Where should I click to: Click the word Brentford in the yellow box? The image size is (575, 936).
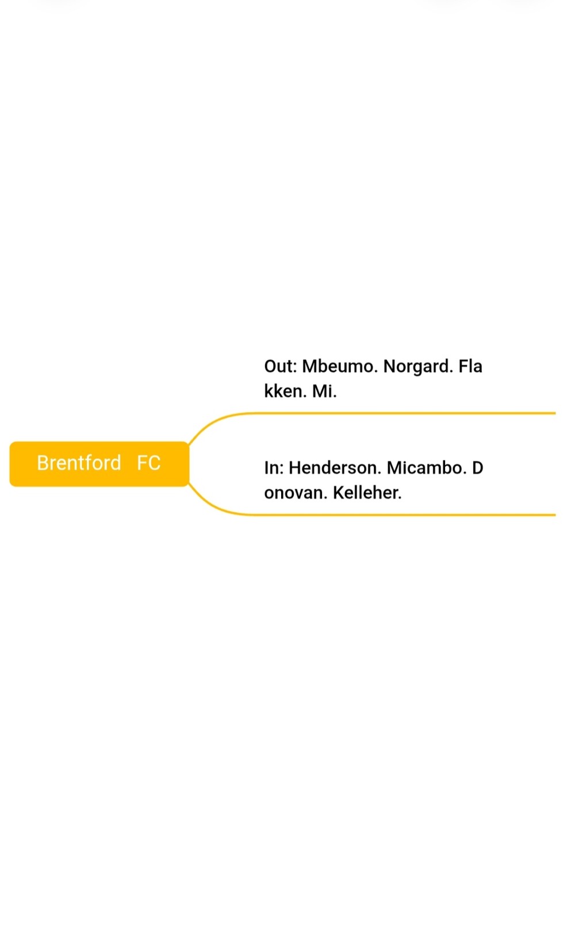pyautogui.click(x=79, y=463)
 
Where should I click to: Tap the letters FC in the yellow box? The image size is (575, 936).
pyautogui.click(x=149, y=463)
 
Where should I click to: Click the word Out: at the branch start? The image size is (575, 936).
pyautogui.click(x=281, y=366)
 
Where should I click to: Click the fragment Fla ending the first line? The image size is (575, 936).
pyautogui.click(x=470, y=366)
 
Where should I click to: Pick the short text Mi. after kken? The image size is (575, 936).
pyautogui.click(x=324, y=391)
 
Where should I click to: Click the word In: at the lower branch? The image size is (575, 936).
pyautogui.click(x=274, y=467)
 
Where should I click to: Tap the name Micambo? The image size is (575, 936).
pyautogui.click(x=426, y=467)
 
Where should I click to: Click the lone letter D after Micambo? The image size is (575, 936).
pyautogui.click(x=478, y=467)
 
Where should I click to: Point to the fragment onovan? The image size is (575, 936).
pyautogui.click(x=296, y=493)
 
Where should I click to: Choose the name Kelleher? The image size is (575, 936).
pyautogui.click(x=367, y=493)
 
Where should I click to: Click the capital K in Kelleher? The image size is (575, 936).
pyautogui.click(x=339, y=493)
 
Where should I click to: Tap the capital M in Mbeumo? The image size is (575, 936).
pyautogui.click(x=309, y=366)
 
